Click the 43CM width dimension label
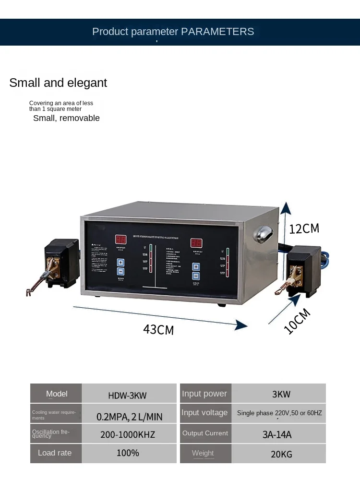coord(158,329)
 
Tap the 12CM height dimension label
coord(304,228)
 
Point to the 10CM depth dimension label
coord(297,321)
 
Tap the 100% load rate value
coord(128,453)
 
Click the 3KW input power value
coord(281,395)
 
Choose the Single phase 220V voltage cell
coord(279,413)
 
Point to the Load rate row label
coord(55,453)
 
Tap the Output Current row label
coord(205,433)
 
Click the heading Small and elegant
coord(58,83)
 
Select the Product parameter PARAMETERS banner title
coord(173,32)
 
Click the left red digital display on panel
coord(120,240)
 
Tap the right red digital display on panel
coord(196,243)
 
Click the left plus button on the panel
coord(120,262)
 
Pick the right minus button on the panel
coord(196,276)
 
